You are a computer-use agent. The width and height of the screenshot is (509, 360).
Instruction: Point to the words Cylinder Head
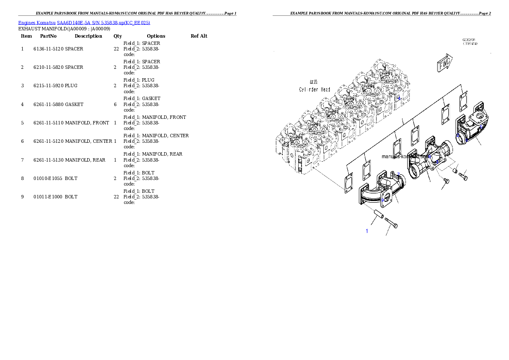[x=314, y=89]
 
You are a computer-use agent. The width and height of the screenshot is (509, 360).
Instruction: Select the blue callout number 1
[x=367, y=231]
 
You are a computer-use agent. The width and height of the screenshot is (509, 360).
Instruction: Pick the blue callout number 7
[x=398, y=174]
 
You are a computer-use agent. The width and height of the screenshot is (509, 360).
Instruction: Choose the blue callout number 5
[x=458, y=135]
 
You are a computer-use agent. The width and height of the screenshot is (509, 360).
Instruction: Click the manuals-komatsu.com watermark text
[x=405, y=156]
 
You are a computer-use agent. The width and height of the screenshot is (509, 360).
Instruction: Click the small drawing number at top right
[x=470, y=41]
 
